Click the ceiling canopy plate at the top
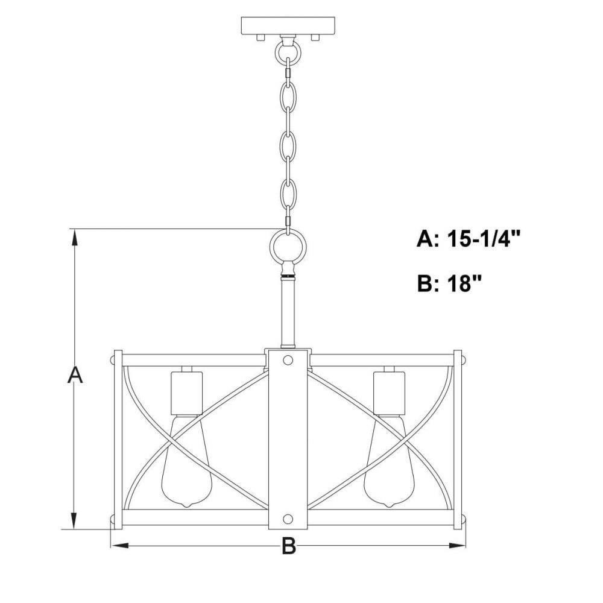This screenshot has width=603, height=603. pyautogui.click(x=288, y=26)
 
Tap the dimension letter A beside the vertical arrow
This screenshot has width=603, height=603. pyautogui.click(x=75, y=375)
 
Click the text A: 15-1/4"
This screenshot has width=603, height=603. pyautogui.click(x=469, y=239)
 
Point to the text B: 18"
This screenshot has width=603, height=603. pyautogui.click(x=449, y=284)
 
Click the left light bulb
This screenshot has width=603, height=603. pyautogui.click(x=186, y=461)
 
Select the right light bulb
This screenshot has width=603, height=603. pyautogui.click(x=388, y=461)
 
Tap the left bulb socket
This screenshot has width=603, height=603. pyautogui.click(x=186, y=393)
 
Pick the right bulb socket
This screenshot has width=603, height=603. pyautogui.click(x=389, y=393)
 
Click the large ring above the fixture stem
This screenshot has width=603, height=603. pyautogui.click(x=274, y=246)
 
